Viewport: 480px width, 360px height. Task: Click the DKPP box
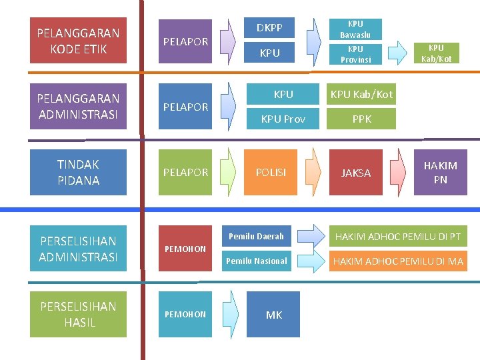point(269,28)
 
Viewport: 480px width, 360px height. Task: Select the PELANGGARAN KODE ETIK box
point(78,41)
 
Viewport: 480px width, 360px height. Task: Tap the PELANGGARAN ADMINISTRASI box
point(78,106)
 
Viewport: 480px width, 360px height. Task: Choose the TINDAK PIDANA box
point(78,172)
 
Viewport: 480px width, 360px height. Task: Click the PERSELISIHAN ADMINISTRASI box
point(78,249)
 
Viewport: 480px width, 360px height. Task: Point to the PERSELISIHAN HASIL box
point(78,314)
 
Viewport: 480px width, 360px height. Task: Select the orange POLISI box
point(271,172)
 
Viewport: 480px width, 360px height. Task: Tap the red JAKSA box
point(356,173)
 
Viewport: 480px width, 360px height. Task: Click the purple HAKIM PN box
point(440,172)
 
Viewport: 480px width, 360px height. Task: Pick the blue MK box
point(273,315)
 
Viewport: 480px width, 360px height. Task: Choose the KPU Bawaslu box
point(356,29)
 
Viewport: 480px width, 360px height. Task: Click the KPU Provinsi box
point(356,54)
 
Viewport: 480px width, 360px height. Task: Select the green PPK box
point(362,119)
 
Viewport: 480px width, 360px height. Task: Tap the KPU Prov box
point(283,119)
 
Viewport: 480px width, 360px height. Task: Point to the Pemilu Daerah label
point(256,236)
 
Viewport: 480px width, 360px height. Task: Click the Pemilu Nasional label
point(256,261)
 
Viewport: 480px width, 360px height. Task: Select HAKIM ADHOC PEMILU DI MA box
point(399,261)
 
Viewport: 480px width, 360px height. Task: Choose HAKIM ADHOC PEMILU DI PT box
point(399,236)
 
